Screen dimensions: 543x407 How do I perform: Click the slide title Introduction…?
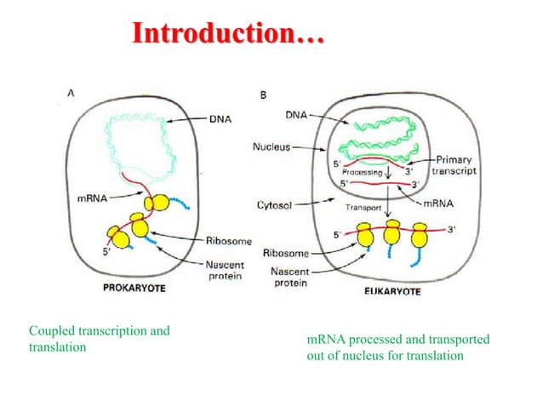click(x=229, y=35)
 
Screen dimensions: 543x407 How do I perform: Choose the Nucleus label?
click(x=271, y=146)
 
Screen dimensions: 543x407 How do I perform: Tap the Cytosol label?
click(x=275, y=205)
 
